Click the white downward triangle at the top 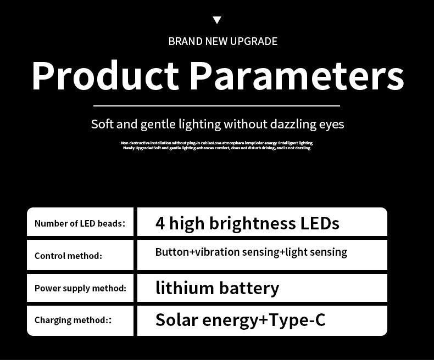[217, 20]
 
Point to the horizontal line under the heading [216, 105]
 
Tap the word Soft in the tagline [103, 124]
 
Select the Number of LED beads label [80, 223]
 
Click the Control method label [68, 256]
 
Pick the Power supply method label [80, 288]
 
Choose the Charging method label [73, 320]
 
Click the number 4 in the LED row [160, 223]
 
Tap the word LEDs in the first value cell [320, 223]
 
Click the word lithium [185, 288]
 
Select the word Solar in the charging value [177, 319]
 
